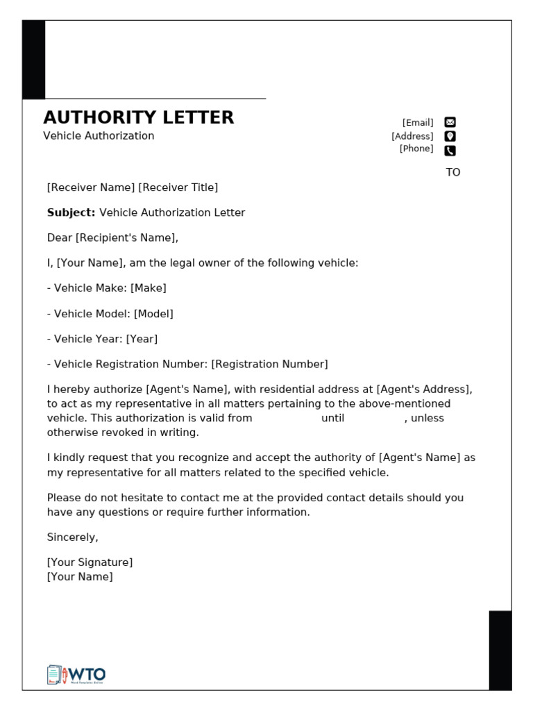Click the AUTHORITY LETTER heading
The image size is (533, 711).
pyautogui.click(x=139, y=117)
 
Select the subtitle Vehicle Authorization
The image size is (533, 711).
pyautogui.click(x=99, y=136)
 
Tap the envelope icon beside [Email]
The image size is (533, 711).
pyautogui.click(x=450, y=123)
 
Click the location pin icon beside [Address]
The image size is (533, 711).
pyautogui.click(x=450, y=136)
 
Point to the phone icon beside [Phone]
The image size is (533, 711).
pyautogui.click(x=450, y=150)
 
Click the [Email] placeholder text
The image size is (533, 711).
pyautogui.click(x=417, y=123)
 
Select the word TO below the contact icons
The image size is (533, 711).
pyautogui.click(x=452, y=172)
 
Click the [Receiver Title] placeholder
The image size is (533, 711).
pyautogui.click(x=178, y=187)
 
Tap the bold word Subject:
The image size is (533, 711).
pyautogui.click(x=71, y=212)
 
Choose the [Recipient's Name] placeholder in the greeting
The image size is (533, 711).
pyautogui.click(x=126, y=238)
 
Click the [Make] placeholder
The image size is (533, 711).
pyautogui.click(x=148, y=288)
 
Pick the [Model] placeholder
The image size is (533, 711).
pyautogui.click(x=153, y=314)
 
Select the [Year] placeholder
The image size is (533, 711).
pyautogui.click(x=142, y=339)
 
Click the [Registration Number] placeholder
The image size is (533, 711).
pyautogui.click(x=269, y=365)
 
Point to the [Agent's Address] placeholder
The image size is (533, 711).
pyautogui.click(x=424, y=390)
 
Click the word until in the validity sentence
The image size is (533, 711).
pyautogui.click(x=332, y=419)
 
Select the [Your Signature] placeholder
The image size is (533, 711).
pyautogui.click(x=90, y=562)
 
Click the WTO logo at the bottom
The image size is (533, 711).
pyautogui.click(x=76, y=674)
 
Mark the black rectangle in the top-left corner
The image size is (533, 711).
pyautogui.click(x=34, y=60)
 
